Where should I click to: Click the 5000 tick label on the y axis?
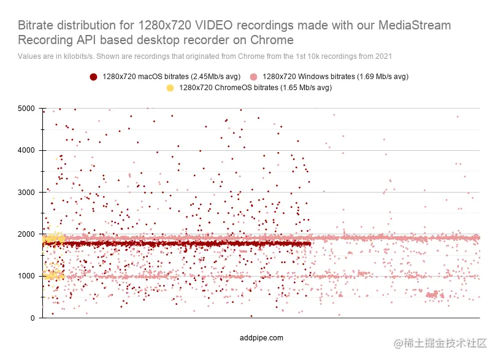[x=27, y=109]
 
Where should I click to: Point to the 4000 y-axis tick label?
[x=27, y=150]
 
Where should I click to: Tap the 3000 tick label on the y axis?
[x=27, y=193]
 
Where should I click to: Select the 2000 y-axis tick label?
[x=27, y=234]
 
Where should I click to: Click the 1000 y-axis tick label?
[x=27, y=276]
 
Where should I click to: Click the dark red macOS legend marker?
[x=93, y=77]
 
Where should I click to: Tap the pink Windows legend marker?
[x=253, y=77]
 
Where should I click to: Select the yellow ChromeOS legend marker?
[x=170, y=88]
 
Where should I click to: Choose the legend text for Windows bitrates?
[x=335, y=77]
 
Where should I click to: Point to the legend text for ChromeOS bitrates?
[x=255, y=88]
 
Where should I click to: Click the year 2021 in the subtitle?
[x=383, y=56]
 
